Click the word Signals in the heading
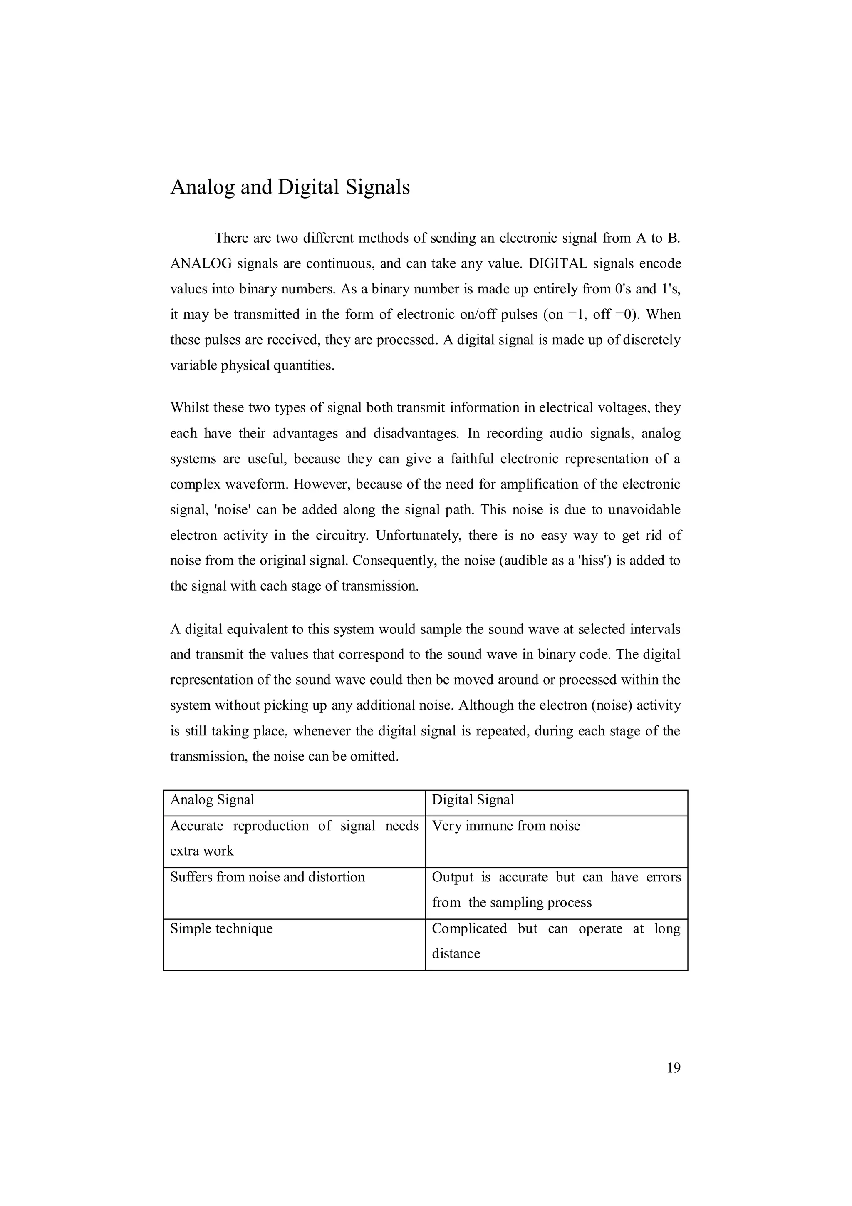(x=377, y=187)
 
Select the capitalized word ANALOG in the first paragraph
(x=201, y=264)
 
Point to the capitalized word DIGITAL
(x=557, y=264)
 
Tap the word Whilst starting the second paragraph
(x=190, y=407)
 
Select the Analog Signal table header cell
(x=212, y=800)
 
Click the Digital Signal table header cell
(x=473, y=800)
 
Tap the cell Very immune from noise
(x=506, y=826)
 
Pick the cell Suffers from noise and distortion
(x=267, y=877)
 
